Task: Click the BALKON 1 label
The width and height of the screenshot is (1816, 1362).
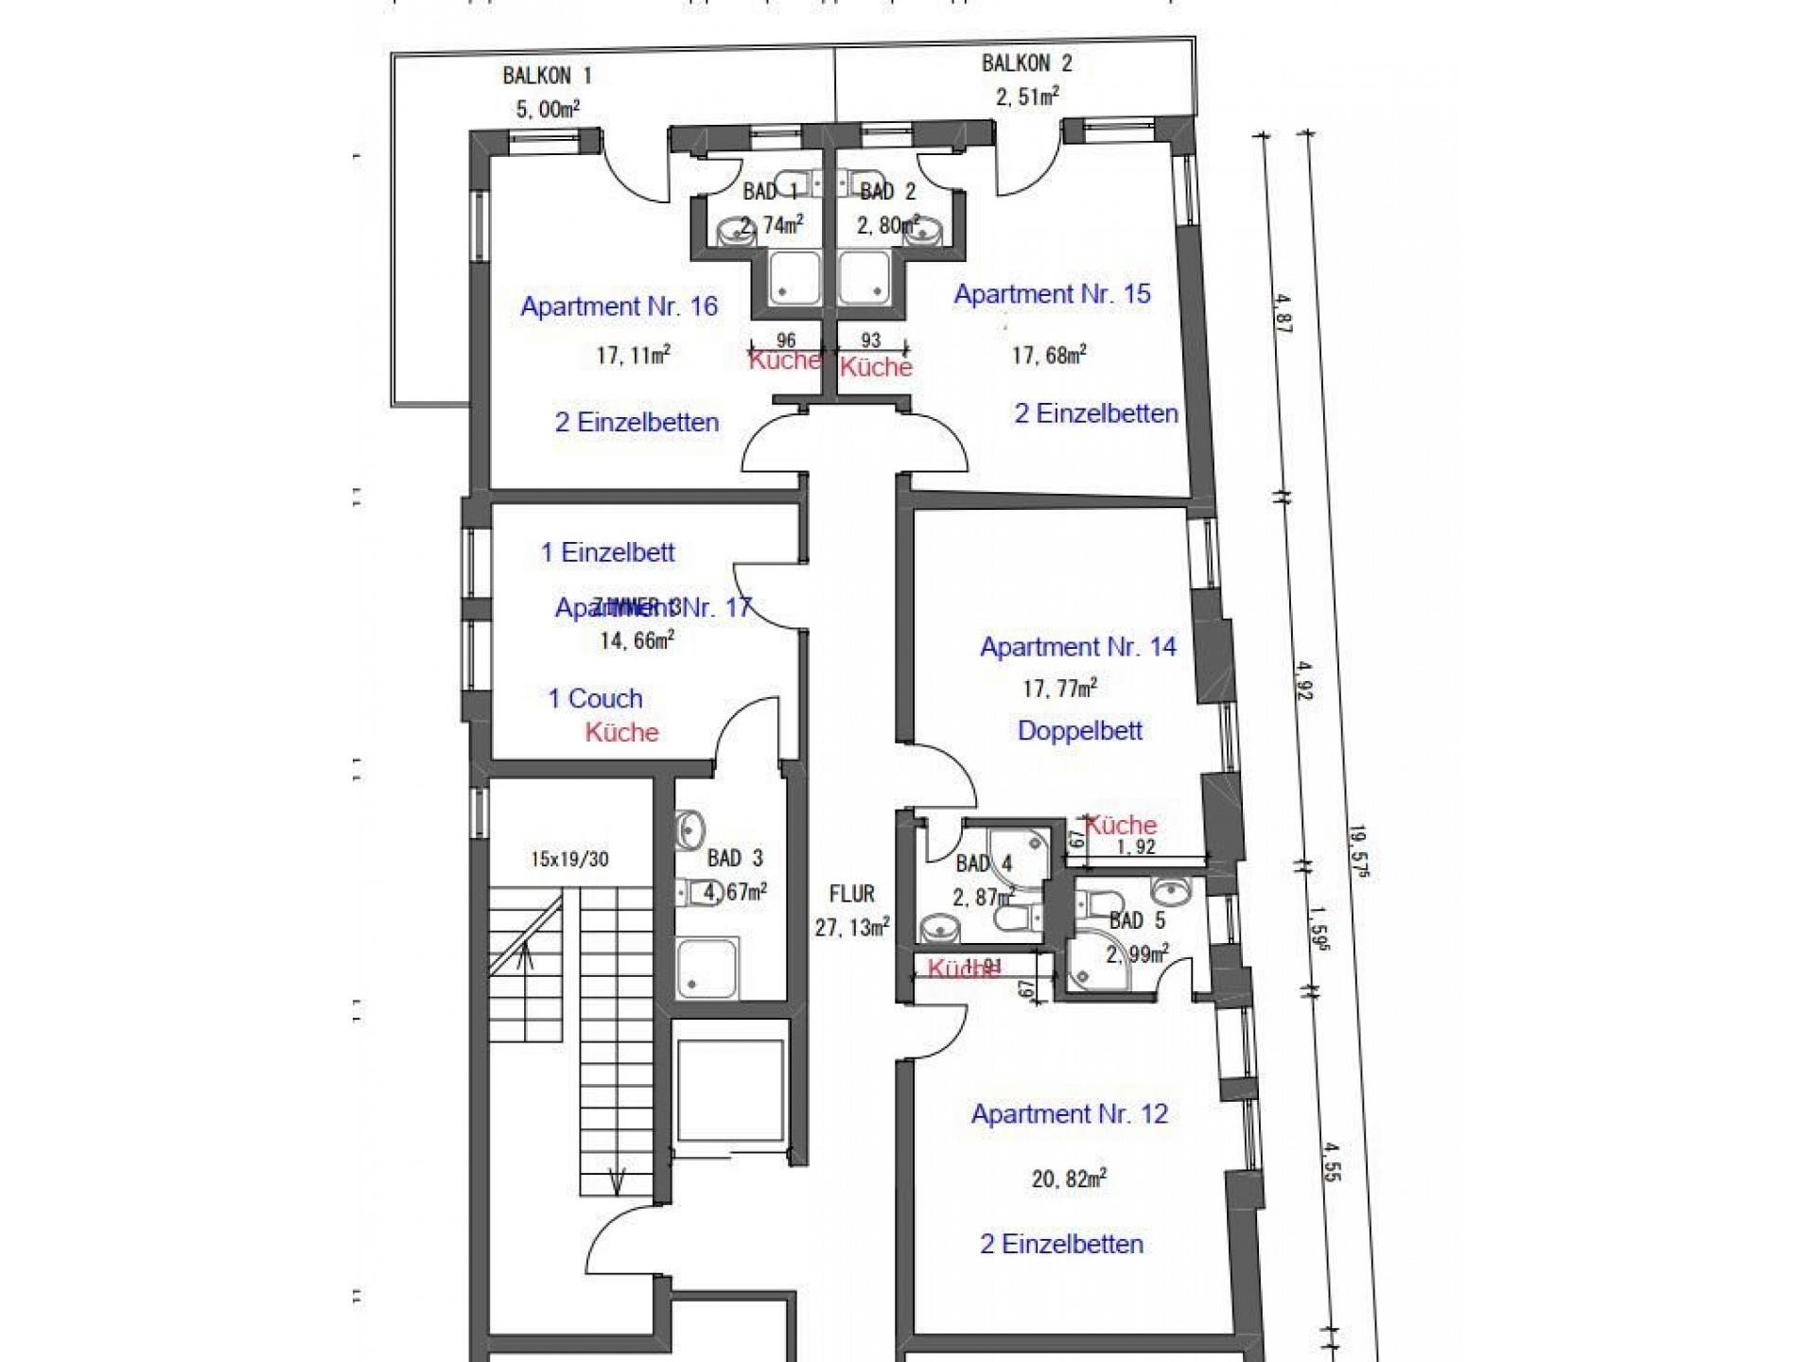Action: click(x=547, y=76)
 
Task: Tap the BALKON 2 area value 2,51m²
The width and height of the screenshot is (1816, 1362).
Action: click(x=1026, y=96)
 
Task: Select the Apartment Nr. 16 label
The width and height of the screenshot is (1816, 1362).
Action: click(x=619, y=306)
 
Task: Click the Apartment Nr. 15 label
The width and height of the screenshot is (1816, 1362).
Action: click(x=1052, y=294)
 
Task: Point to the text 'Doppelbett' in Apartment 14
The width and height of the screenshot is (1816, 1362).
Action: click(x=1080, y=730)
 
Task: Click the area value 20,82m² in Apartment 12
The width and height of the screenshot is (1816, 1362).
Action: click(x=1069, y=1179)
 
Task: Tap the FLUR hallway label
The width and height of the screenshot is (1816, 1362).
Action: click(x=851, y=894)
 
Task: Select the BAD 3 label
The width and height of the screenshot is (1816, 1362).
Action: click(x=735, y=859)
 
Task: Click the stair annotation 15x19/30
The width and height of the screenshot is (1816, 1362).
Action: click(x=569, y=860)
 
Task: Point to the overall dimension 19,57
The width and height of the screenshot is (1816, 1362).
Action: click(x=1358, y=851)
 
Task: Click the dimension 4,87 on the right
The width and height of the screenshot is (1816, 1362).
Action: click(x=1283, y=312)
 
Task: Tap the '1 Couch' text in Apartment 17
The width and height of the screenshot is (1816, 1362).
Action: click(x=595, y=699)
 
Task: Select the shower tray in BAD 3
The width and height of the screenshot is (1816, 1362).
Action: click(x=707, y=968)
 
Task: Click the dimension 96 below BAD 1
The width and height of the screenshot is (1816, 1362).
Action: click(x=785, y=340)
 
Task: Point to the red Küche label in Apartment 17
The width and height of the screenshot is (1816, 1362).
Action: click(x=621, y=732)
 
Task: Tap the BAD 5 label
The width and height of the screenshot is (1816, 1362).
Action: click(x=1137, y=920)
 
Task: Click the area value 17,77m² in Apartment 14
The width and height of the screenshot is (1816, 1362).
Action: click(x=1059, y=689)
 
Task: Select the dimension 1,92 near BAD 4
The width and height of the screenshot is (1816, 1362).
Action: click(x=1135, y=847)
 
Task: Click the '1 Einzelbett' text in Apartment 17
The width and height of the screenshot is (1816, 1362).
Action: click(x=607, y=552)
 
